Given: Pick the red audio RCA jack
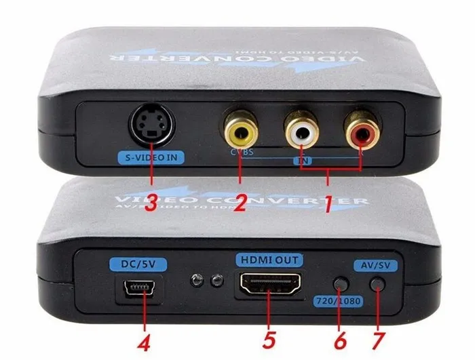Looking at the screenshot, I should (x=359, y=127).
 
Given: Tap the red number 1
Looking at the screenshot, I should (x=328, y=203).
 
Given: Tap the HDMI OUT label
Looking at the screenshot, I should (x=269, y=259).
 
